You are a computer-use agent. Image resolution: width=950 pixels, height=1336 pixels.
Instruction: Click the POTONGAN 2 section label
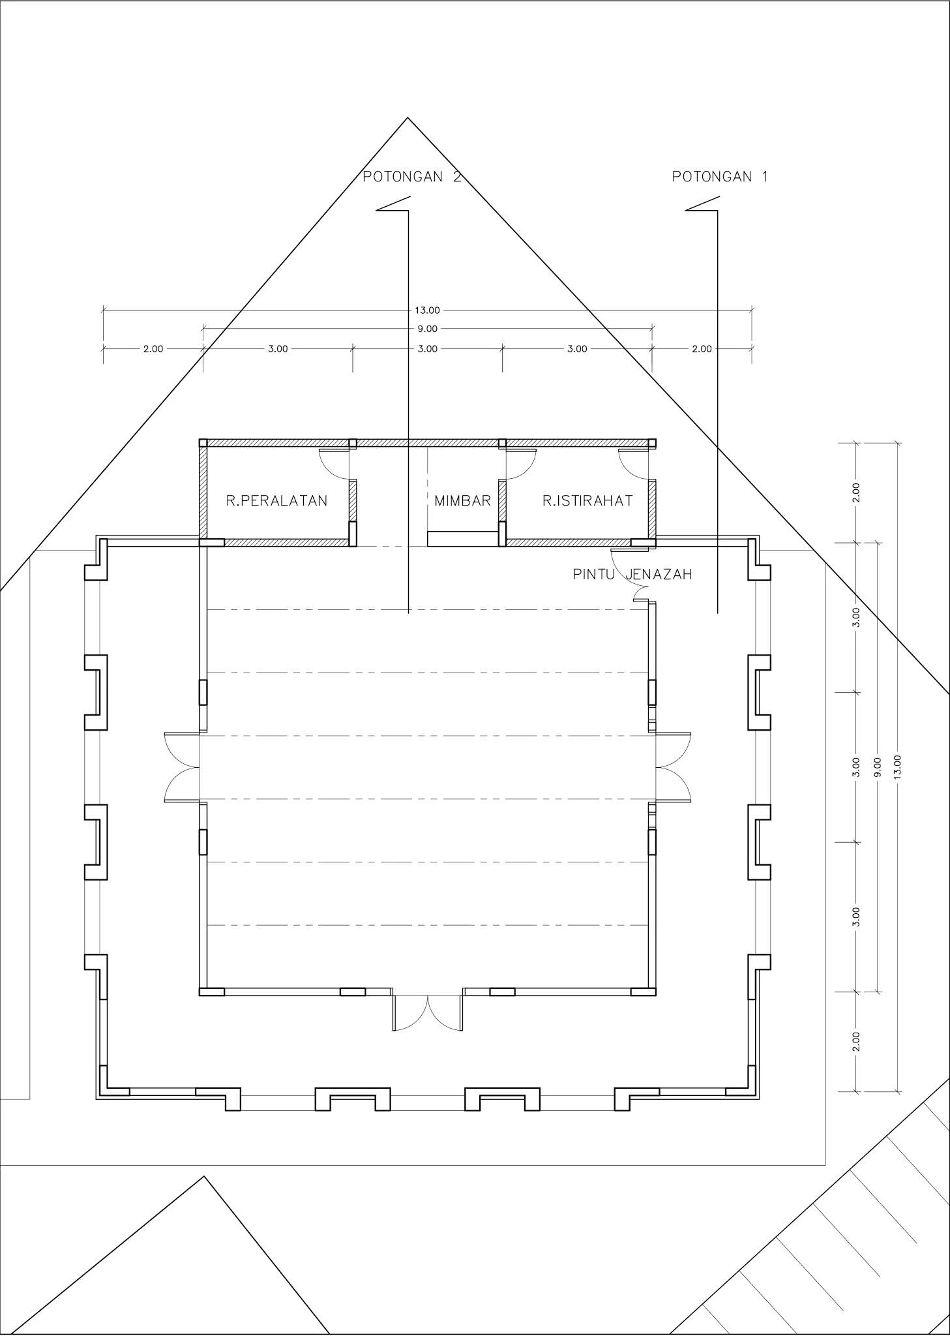click(412, 176)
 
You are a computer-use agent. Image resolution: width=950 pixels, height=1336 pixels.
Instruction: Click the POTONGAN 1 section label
click(720, 176)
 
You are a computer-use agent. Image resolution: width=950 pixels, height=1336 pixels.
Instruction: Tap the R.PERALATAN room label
click(276, 500)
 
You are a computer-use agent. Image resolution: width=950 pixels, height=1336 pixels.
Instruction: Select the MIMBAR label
click(463, 500)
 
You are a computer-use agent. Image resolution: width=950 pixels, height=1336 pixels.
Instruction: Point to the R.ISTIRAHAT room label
click(587, 500)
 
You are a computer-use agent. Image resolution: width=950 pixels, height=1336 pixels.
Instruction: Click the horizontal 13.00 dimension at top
click(428, 311)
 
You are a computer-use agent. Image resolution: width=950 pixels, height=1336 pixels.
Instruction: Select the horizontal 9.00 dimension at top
click(428, 329)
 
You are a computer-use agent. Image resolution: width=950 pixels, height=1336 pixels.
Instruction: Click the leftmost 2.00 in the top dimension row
click(153, 348)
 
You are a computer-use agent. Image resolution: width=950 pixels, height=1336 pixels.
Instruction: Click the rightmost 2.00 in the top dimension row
click(702, 348)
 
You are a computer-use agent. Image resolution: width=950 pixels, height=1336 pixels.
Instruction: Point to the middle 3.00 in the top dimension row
click(428, 348)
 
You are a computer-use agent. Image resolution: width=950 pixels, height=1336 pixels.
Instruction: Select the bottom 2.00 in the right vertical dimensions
click(857, 1041)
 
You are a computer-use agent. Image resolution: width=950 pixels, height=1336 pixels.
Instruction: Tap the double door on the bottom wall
click(428, 1013)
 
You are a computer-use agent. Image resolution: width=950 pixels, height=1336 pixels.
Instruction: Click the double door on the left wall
click(182, 767)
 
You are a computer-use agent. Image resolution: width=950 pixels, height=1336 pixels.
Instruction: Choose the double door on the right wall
click(674, 767)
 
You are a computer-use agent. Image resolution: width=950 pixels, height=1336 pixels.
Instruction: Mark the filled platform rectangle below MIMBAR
click(463, 538)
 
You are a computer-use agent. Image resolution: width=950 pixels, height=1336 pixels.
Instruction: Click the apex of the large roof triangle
click(408, 118)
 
